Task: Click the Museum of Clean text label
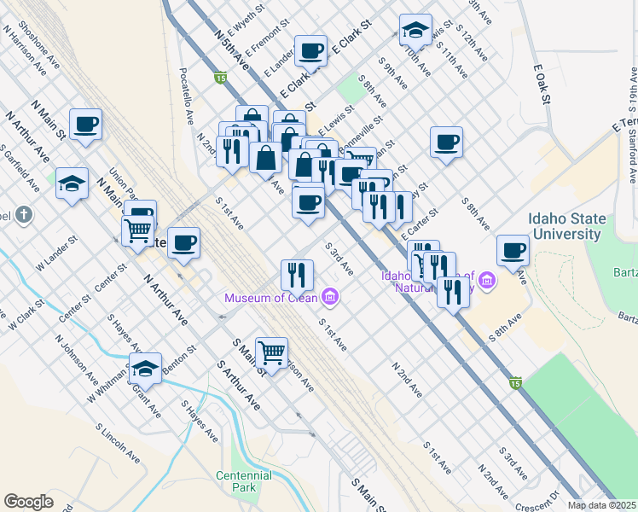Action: click(x=270, y=298)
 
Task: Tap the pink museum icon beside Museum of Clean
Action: click(x=330, y=297)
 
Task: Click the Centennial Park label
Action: click(x=236, y=481)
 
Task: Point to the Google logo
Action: click(x=28, y=502)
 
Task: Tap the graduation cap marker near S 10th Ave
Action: click(x=415, y=31)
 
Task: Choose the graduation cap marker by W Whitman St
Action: click(x=146, y=368)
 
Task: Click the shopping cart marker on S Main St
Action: click(x=271, y=352)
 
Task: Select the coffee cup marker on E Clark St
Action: click(x=310, y=50)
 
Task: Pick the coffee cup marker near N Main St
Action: click(x=86, y=125)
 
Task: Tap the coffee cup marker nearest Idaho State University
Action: click(x=513, y=250)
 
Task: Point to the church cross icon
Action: click(x=23, y=215)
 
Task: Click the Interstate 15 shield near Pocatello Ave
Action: click(x=220, y=79)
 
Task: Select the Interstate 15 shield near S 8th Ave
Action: click(x=514, y=383)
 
